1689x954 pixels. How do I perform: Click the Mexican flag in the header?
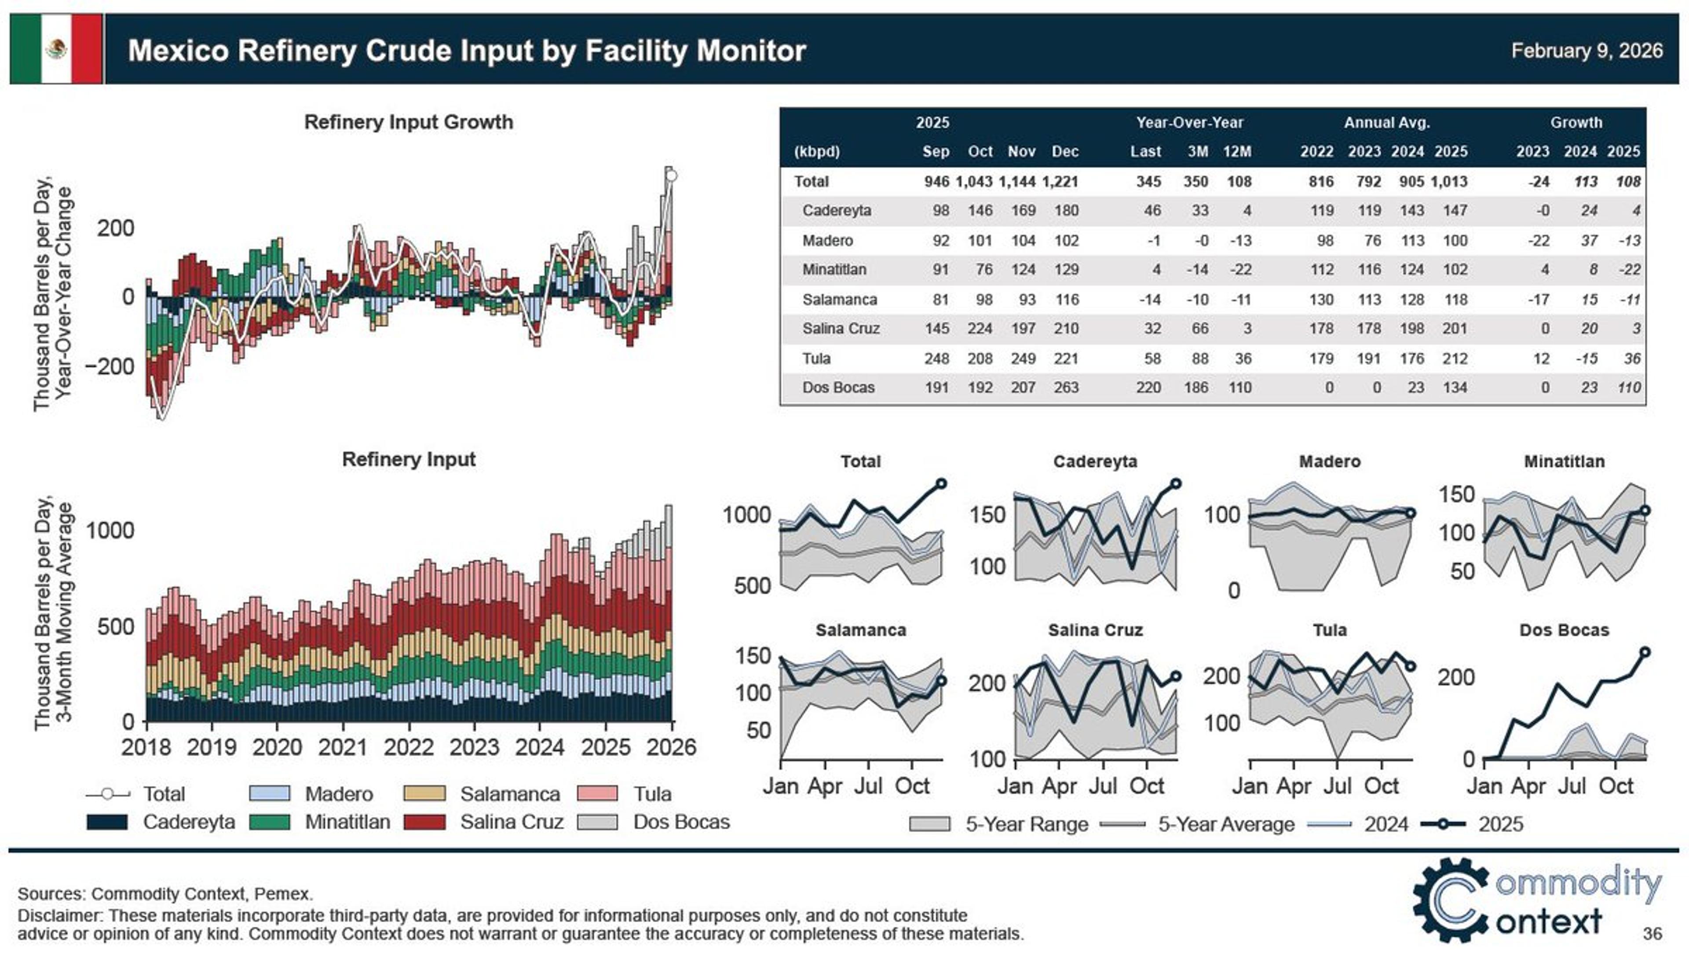pyautogui.click(x=56, y=49)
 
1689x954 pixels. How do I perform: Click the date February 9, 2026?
pyautogui.click(x=1587, y=51)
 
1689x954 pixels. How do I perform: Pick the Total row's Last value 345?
pyautogui.click(x=1148, y=182)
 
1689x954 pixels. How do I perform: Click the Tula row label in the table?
pyautogui.click(x=816, y=358)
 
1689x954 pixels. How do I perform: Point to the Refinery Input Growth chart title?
pyautogui.click(x=409, y=122)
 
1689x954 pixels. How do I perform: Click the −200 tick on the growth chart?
pyautogui.click(x=110, y=366)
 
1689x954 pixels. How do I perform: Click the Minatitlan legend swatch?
pyautogui.click(x=270, y=822)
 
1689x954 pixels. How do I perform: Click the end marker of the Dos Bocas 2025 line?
pyautogui.click(x=1645, y=652)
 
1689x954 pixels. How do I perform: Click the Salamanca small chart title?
pyautogui.click(x=860, y=630)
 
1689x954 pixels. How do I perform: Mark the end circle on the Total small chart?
pyautogui.click(x=941, y=483)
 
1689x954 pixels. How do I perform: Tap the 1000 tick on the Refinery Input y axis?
pyautogui.click(x=110, y=530)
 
